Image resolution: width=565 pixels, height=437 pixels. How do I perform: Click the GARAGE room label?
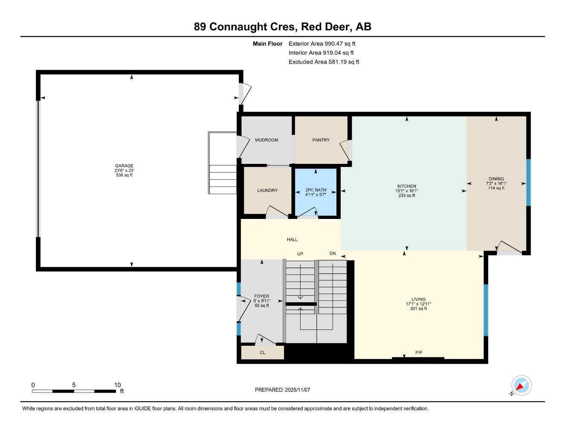point(124,166)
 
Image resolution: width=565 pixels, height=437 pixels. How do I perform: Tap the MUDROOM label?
point(267,140)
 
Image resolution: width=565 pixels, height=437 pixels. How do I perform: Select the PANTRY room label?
point(321,140)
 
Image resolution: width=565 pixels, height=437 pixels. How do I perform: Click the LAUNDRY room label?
point(267,190)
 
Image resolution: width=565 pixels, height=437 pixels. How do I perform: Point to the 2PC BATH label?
point(316,190)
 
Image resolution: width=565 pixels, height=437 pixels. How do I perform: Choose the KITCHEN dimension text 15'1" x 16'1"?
point(406,191)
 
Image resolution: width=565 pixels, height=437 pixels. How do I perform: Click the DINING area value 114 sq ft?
point(496,188)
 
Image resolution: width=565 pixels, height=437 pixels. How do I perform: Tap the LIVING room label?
point(418,299)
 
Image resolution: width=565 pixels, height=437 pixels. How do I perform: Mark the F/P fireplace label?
point(419,353)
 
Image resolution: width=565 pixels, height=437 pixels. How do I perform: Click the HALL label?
point(292,239)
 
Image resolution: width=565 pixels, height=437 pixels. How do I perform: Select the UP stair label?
point(300,254)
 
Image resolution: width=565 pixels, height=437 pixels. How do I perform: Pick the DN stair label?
point(333,253)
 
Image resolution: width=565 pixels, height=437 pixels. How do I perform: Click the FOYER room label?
point(261,296)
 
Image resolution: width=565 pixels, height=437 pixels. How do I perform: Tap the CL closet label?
point(263,353)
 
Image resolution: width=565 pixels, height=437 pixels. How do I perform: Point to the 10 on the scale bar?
point(118,385)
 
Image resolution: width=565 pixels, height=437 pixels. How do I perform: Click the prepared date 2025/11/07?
point(297,390)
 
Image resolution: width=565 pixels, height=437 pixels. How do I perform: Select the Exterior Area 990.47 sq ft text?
point(322,44)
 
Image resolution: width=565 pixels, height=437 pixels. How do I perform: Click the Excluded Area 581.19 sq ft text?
point(324,62)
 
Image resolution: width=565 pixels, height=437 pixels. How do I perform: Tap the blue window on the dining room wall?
point(528,182)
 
